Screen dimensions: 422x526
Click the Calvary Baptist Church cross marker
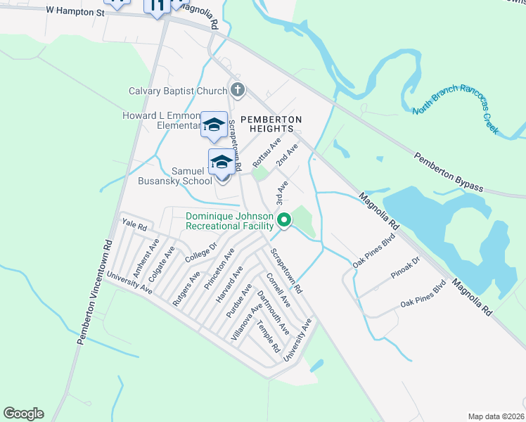[238, 90]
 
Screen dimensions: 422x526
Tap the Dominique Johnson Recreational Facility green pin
[284, 220]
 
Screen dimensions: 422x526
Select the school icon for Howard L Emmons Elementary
[214, 124]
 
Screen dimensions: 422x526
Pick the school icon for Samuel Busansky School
[222, 162]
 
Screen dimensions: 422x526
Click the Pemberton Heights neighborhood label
[271, 124]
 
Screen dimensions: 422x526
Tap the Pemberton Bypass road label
[448, 171]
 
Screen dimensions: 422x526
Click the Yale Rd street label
[134, 226]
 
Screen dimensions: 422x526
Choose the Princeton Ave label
[219, 268]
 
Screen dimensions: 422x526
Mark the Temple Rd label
[268, 336]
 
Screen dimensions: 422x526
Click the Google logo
[23, 414]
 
